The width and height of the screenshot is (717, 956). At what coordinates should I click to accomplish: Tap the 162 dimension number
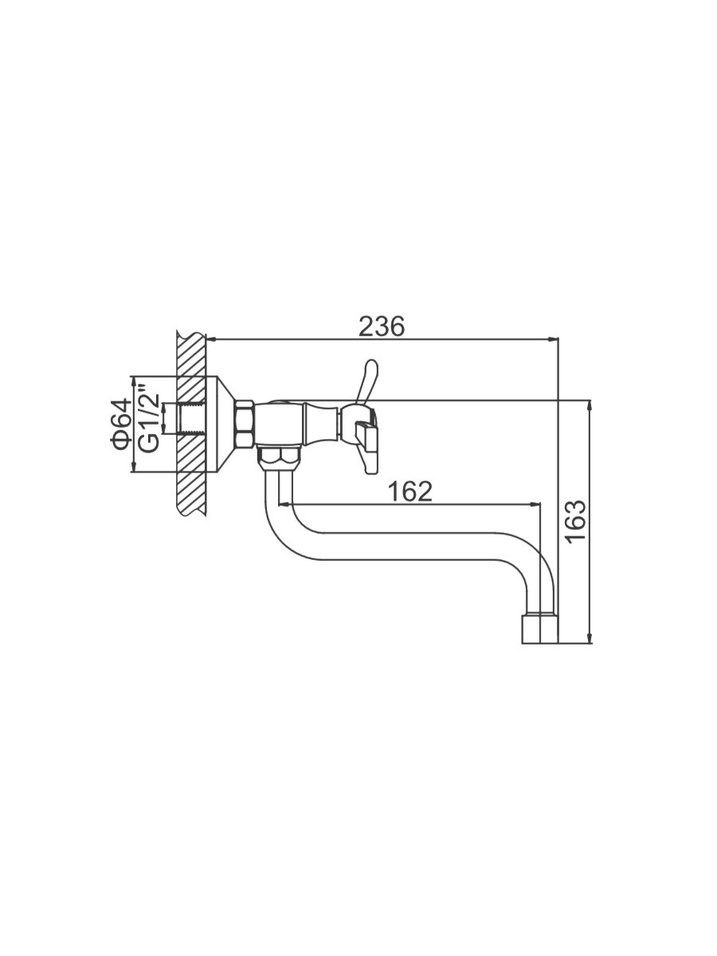pos(410,492)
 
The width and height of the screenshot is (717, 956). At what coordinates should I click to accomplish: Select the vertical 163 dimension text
pos(577,521)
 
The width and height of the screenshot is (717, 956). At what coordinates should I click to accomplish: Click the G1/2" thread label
pos(149,418)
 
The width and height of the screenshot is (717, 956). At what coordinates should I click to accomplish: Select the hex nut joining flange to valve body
pos(245,423)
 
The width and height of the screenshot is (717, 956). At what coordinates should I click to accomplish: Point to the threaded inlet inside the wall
pos(191,418)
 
